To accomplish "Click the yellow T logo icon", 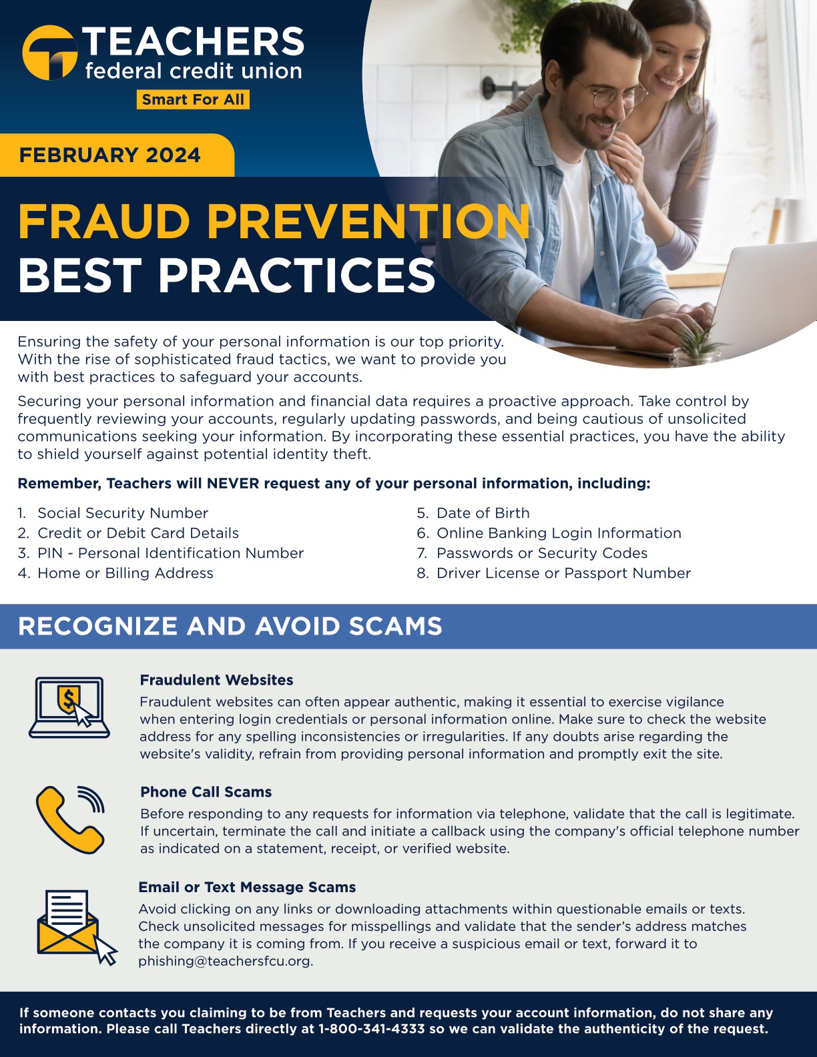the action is [x=49, y=53].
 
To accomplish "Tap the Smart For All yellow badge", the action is [x=193, y=99].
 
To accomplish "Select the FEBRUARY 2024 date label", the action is [x=109, y=155].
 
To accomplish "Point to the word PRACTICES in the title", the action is [x=296, y=276].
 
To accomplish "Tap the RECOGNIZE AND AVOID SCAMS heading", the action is [x=230, y=626].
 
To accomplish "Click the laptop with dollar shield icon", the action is [x=69, y=708].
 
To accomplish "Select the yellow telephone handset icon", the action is [x=69, y=820].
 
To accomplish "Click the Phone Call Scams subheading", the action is [x=206, y=792].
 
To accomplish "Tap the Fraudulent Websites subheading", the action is [x=216, y=680].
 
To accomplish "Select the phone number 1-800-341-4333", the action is [x=372, y=1029].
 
